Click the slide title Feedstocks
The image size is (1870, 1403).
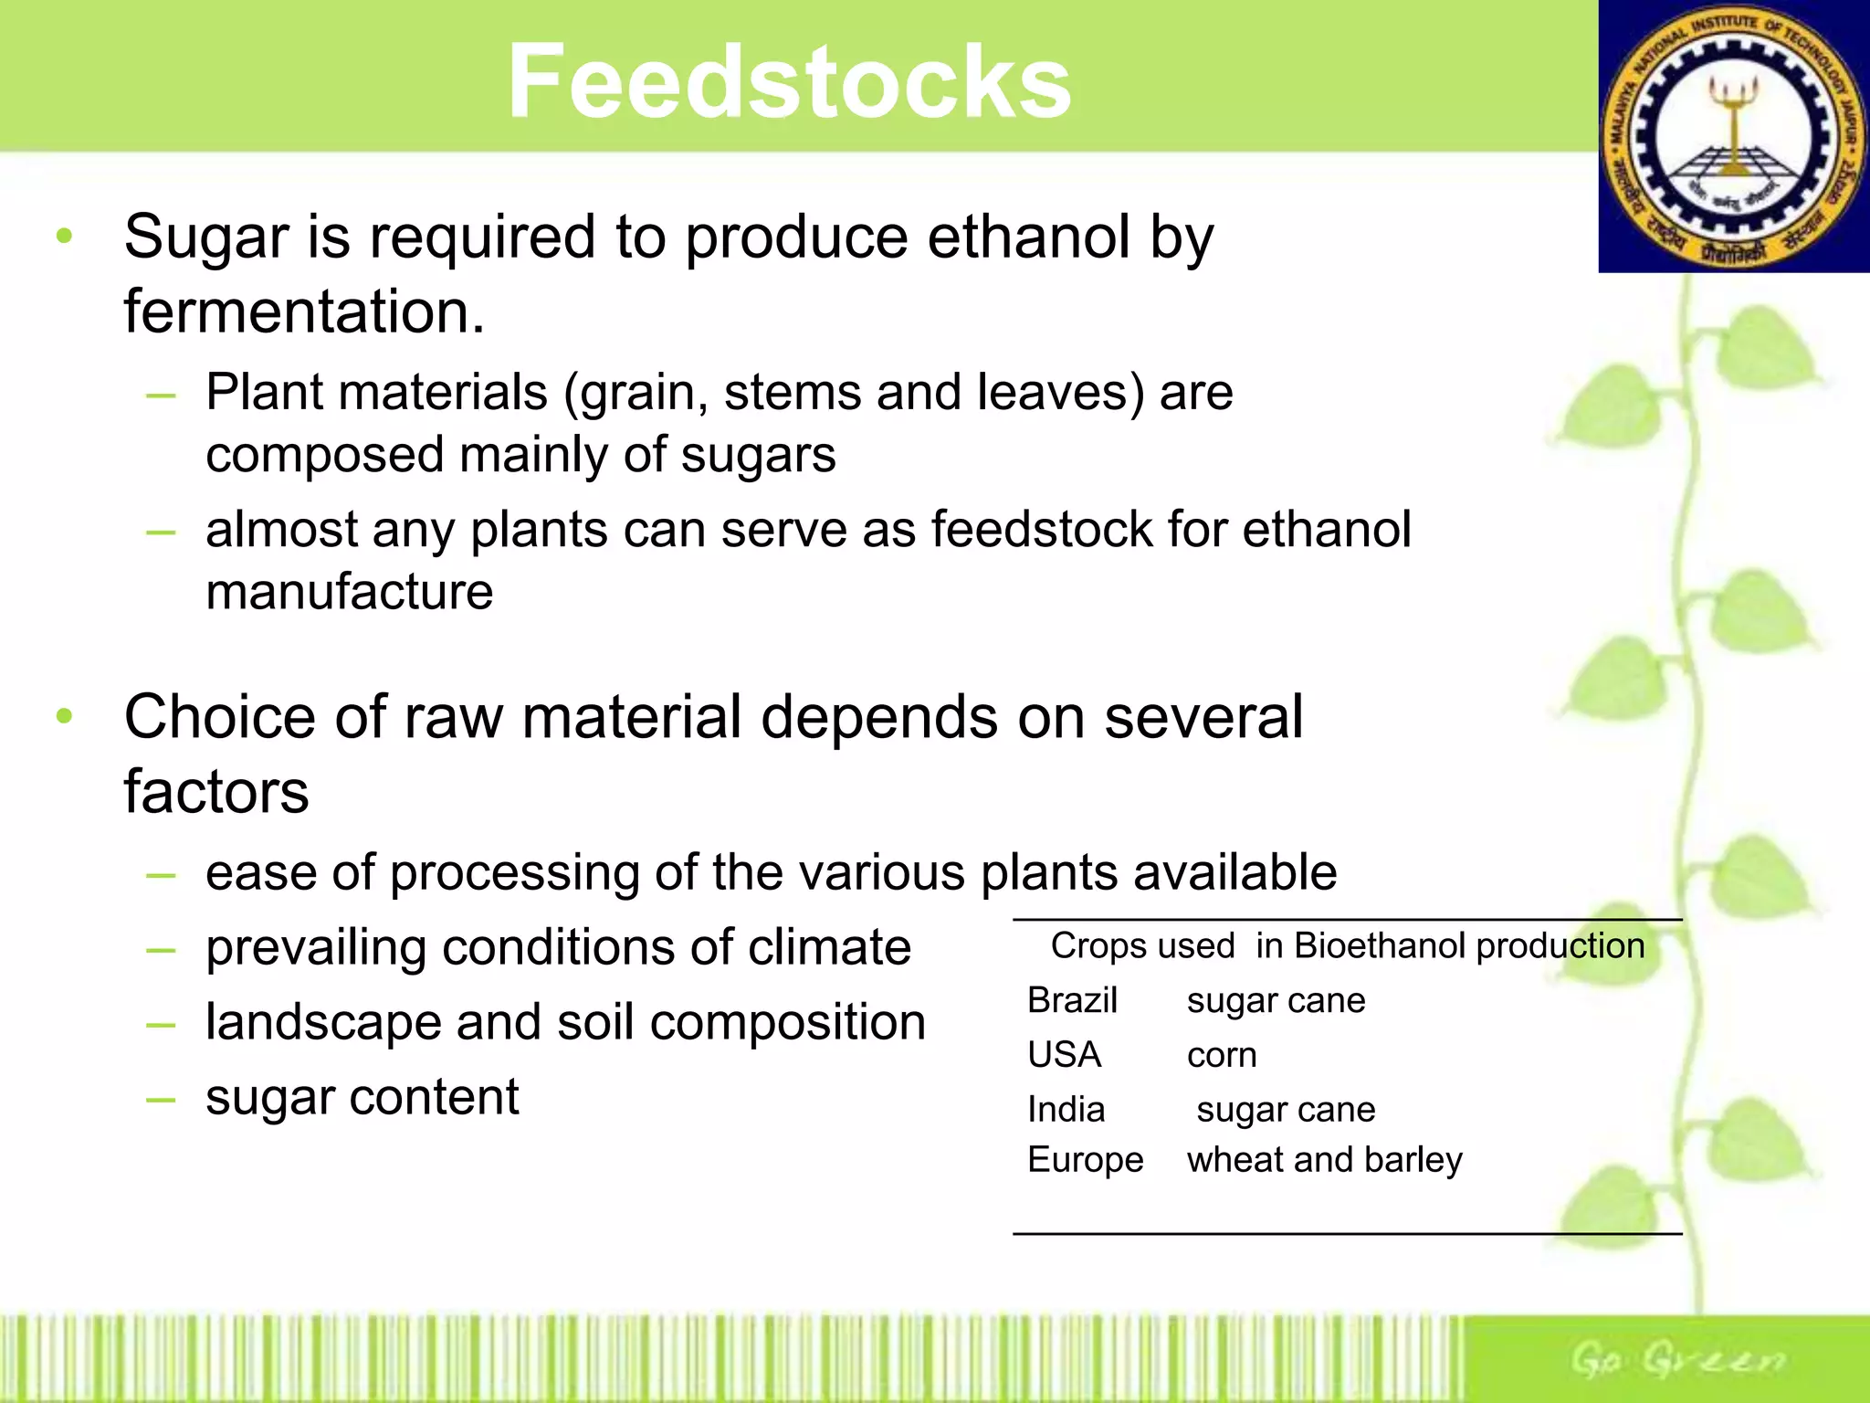(789, 82)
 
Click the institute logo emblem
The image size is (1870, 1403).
(1733, 137)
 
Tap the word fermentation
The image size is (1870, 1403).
(303, 312)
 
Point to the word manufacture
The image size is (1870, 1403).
(349, 592)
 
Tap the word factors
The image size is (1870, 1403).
(216, 792)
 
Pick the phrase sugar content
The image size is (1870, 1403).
(362, 1097)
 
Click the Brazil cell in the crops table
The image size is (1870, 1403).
(1072, 1001)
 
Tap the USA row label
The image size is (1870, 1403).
(1064, 1055)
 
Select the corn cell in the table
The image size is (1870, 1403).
(1222, 1056)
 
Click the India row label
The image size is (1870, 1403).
(1066, 1110)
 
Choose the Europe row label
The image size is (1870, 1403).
(1085, 1160)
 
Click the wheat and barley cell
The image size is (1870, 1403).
(1324, 1160)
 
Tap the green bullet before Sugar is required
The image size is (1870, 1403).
(64, 237)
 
